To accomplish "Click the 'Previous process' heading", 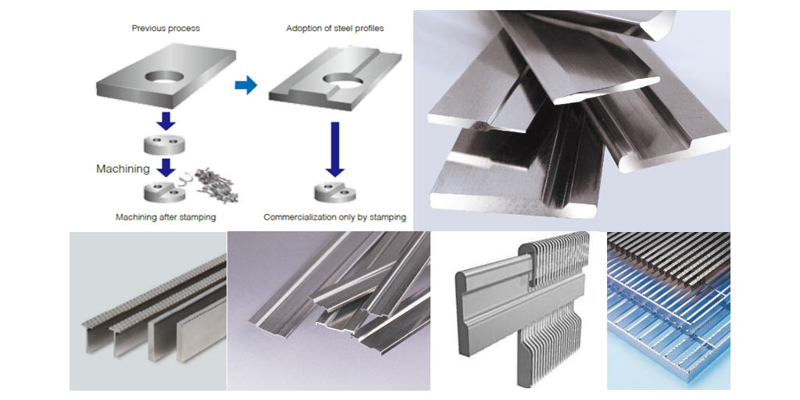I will (x=165, y=29).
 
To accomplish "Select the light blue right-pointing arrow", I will (x=246, y=85).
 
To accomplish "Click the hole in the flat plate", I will (x=165, y=78).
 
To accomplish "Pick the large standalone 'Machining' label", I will (x=123, y=169).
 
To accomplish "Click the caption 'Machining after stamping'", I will (x=165, y=217).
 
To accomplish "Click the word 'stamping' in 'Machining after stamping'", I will (x=195, y=217).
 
